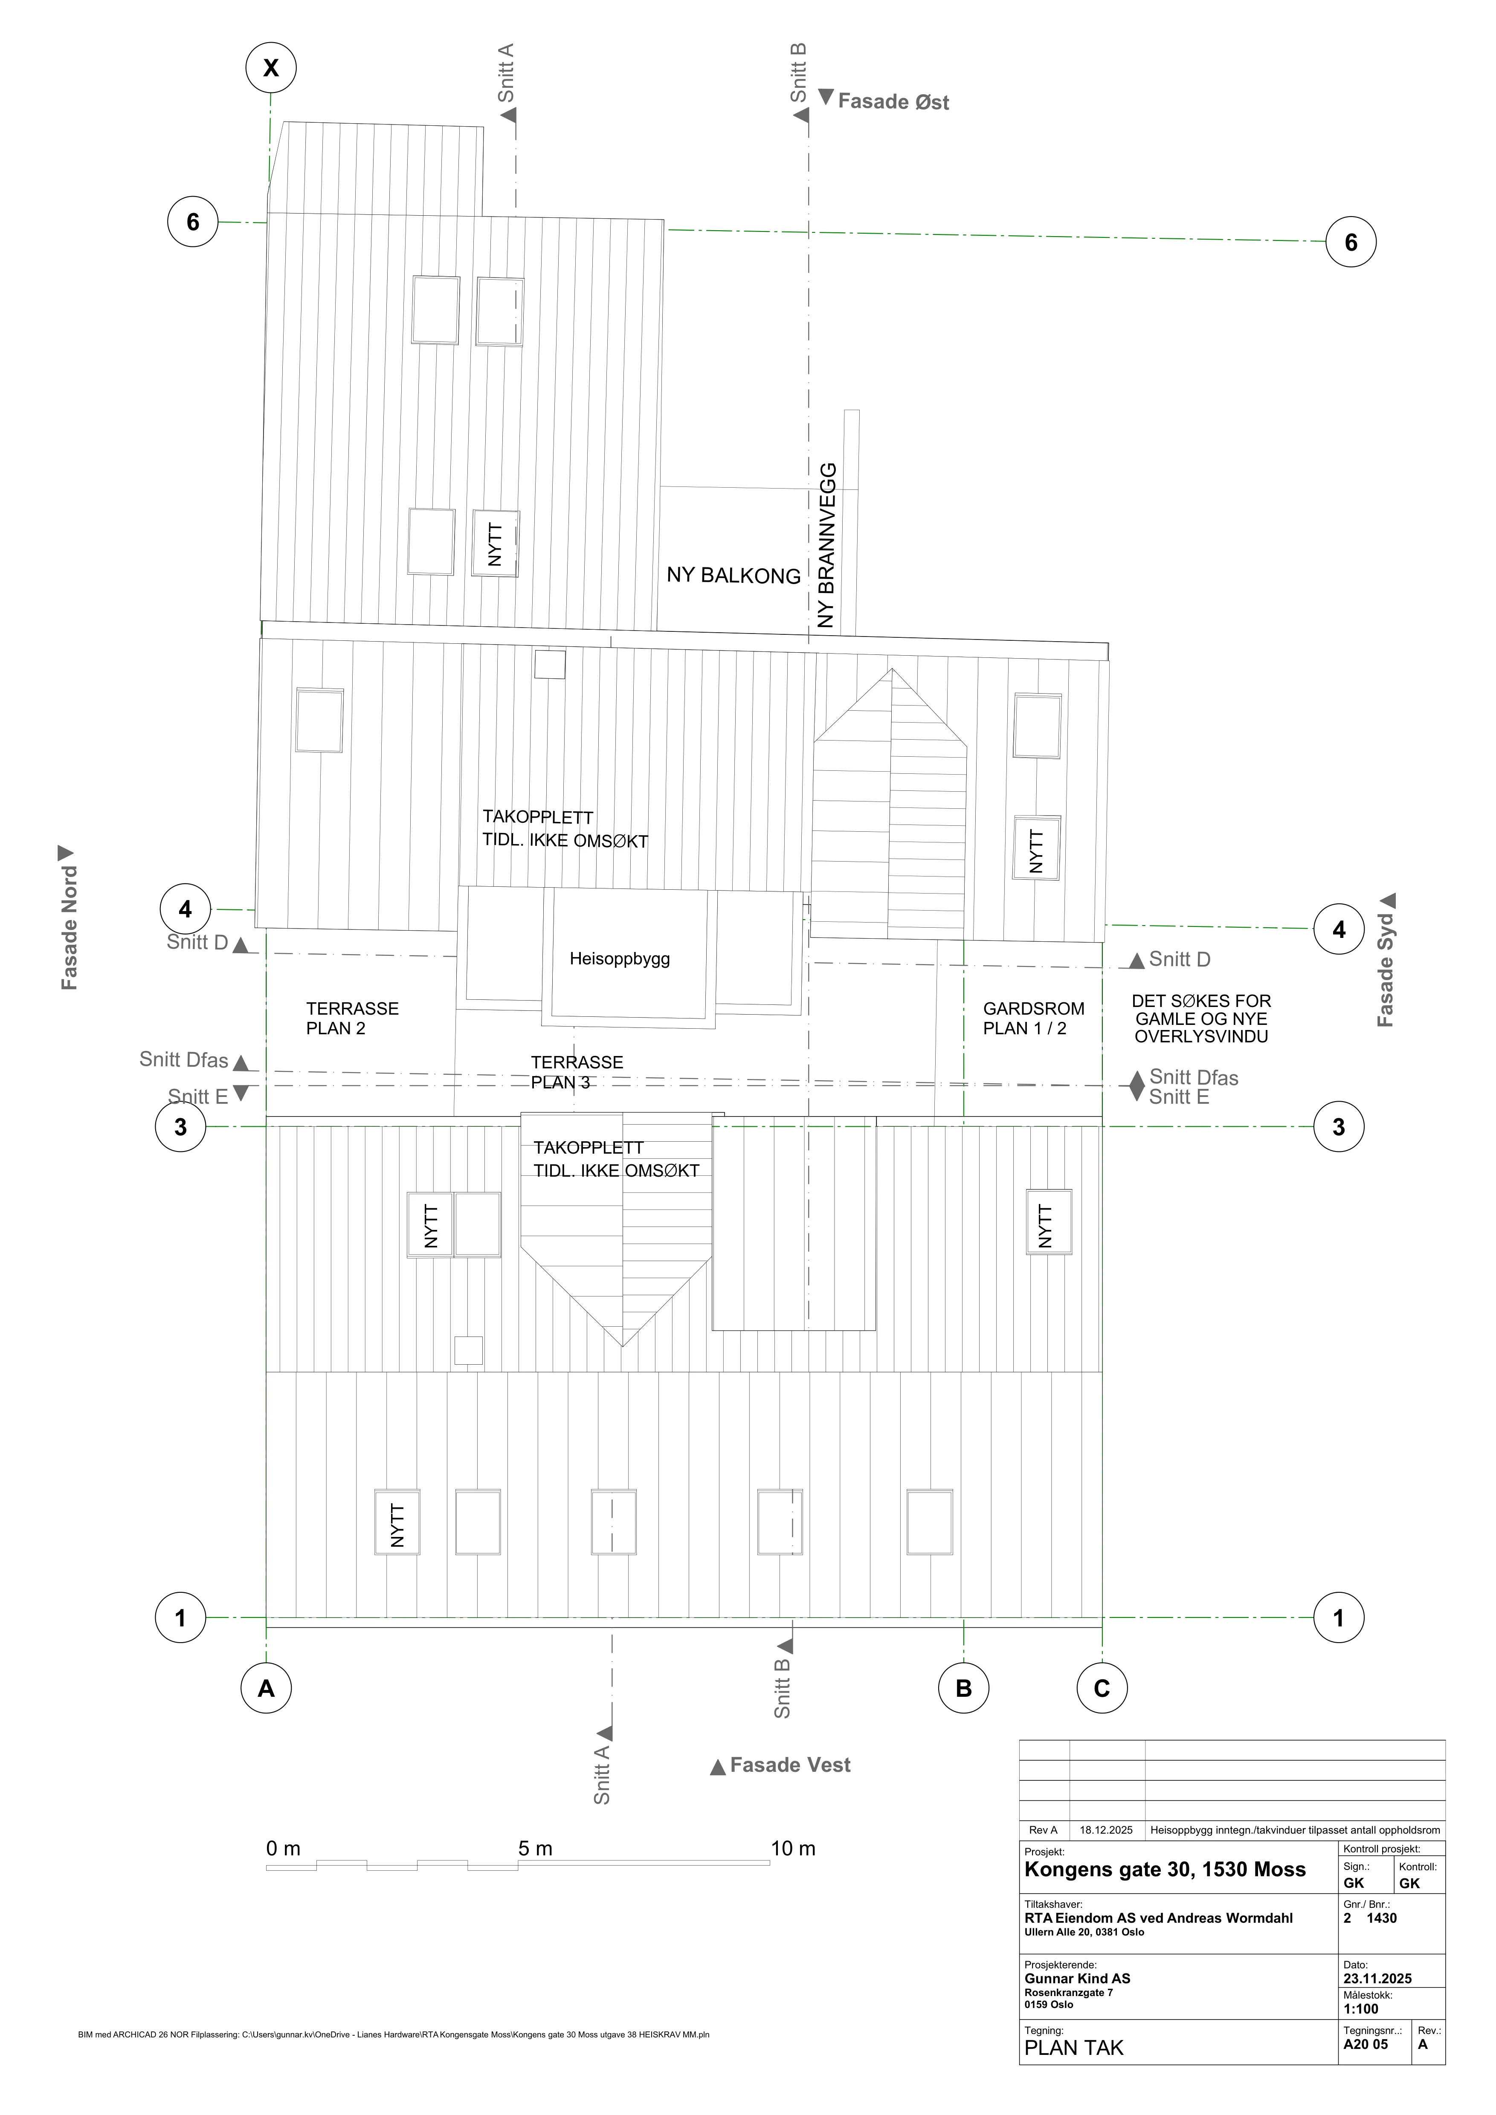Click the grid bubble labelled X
(x=271, y=67)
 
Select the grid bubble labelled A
(x=266, y=1689)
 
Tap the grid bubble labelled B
(x=963, y=1689)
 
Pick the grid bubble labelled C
(x=1102, y=1689)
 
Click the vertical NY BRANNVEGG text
(x=826, y=545)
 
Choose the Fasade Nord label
(x=69, y=928)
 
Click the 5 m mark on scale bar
(x=535, y=1849)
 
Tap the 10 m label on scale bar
(x=793, y=1849)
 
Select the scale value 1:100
(x=1360, y=2009)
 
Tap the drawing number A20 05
(x=1365, y=2044)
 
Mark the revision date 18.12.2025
(x=1106, y=1830)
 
